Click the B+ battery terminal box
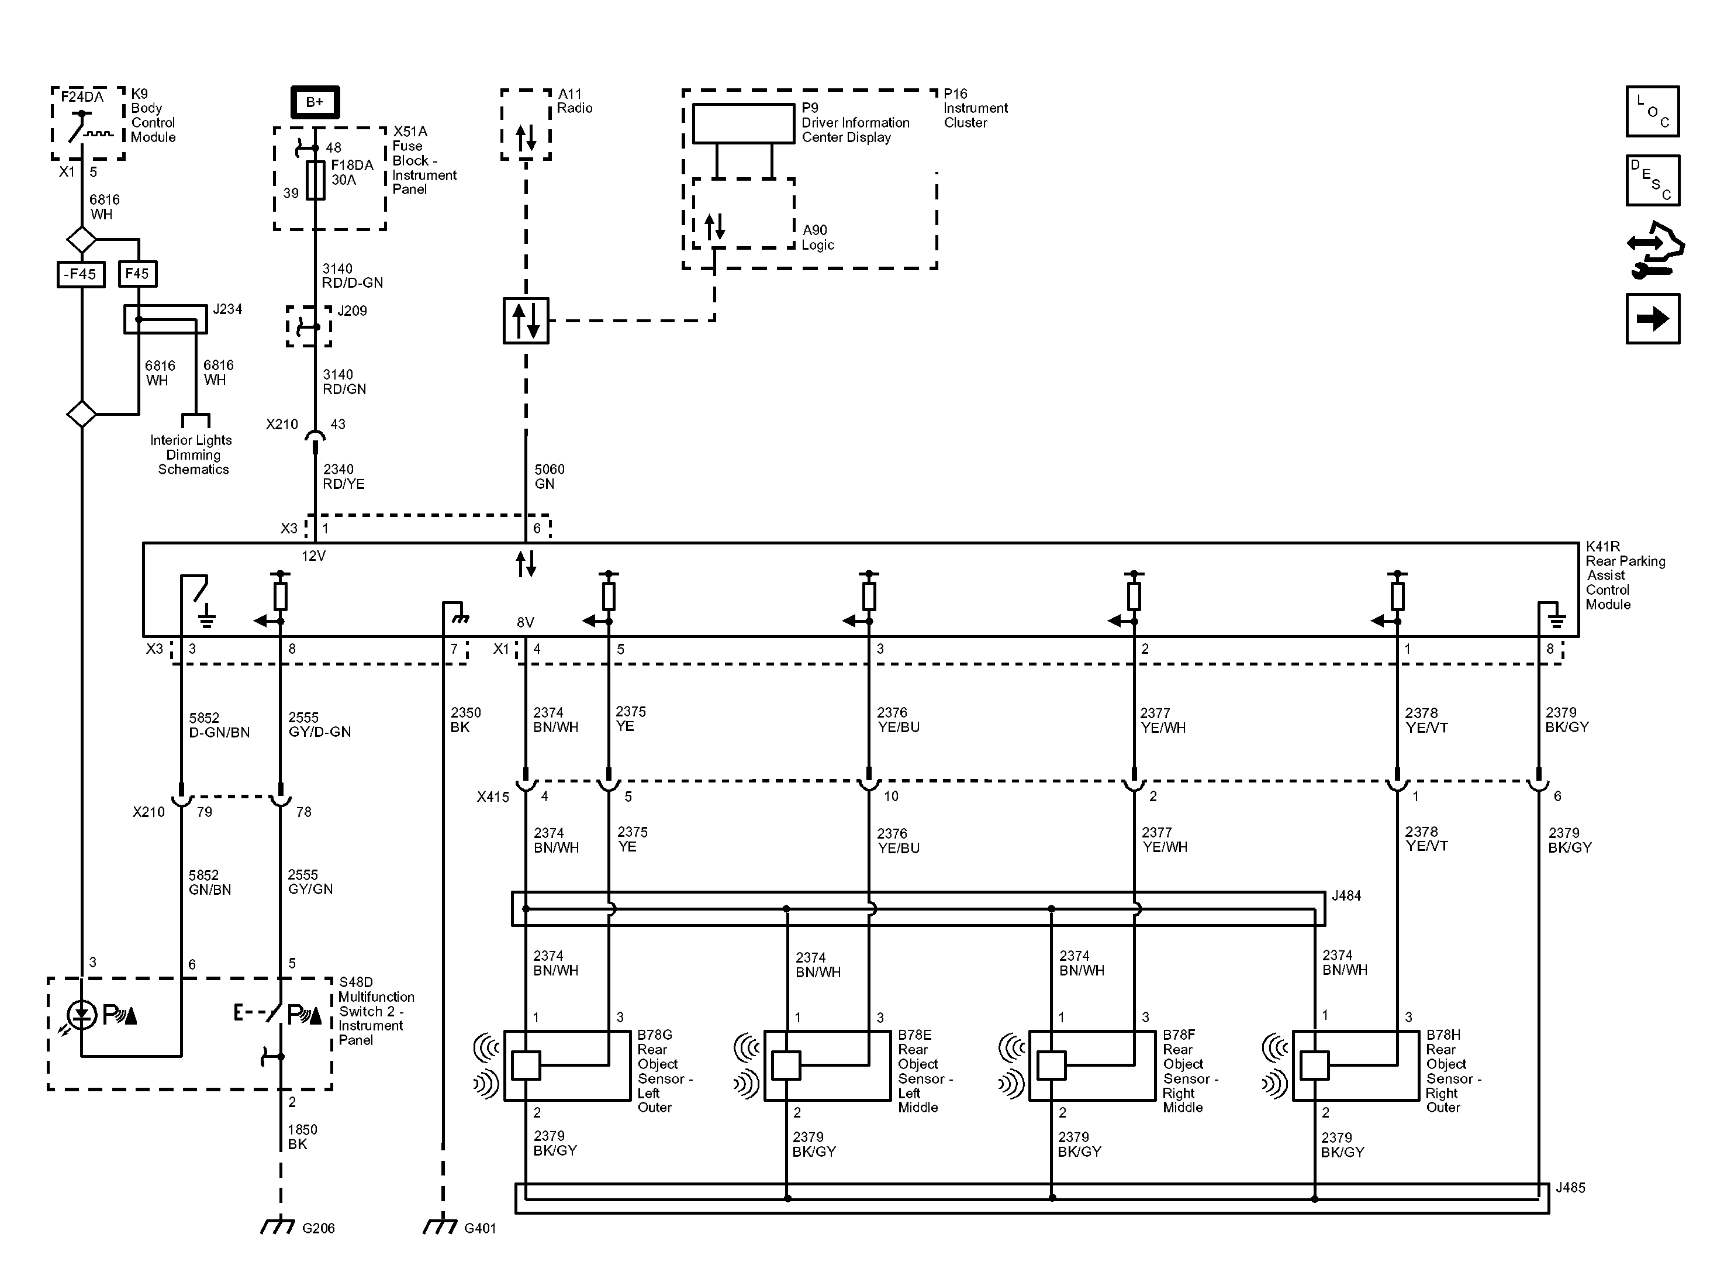point(315,102)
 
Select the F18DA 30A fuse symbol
point(315,180)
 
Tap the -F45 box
point(81,274)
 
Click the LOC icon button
point(1653,111)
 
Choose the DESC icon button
point(1653,180)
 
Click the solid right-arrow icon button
point(1653,318)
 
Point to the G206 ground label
point(318,1228)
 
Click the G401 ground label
point(480,1228)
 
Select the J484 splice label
point(1346,895)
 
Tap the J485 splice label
point(1570,1187)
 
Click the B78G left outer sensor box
point(568,1066)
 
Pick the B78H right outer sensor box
point(1356,1066)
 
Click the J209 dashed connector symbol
point(309,326)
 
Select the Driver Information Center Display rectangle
point(744,123)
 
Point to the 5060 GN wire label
point(550,477)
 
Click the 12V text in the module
point(313,556)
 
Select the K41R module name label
point(1625,575)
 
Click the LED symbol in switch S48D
point(81,1014)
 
